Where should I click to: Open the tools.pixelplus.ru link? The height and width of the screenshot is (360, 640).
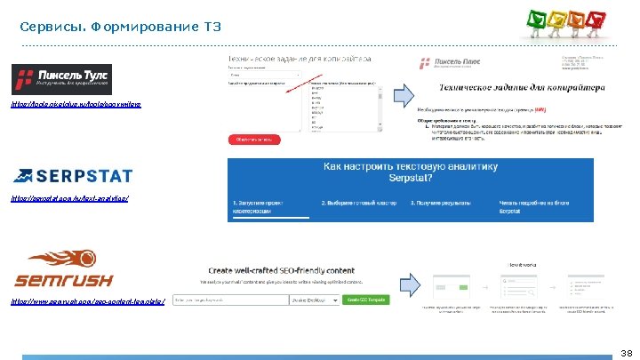[x=76, y=105]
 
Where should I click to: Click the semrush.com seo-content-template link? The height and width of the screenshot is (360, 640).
[x=88, y=302]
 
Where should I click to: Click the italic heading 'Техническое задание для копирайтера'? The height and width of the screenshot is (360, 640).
[x=522, y=87]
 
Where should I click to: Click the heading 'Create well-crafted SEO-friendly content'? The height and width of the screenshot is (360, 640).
[x=282, y=270]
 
